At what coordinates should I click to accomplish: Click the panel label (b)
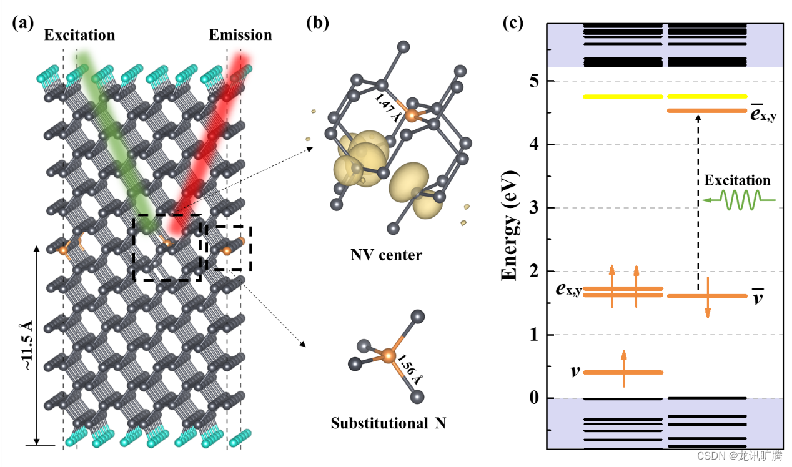[317, 23]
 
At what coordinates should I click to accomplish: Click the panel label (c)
[513, 23]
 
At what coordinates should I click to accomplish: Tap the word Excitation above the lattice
[79, 35]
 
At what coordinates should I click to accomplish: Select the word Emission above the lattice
[240, 35]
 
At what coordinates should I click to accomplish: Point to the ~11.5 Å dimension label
[29, 346]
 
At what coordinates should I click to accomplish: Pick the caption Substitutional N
[389, 423]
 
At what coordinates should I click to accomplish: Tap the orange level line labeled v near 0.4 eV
[622, 373]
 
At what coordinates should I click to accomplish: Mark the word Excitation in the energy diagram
[737, 180]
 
